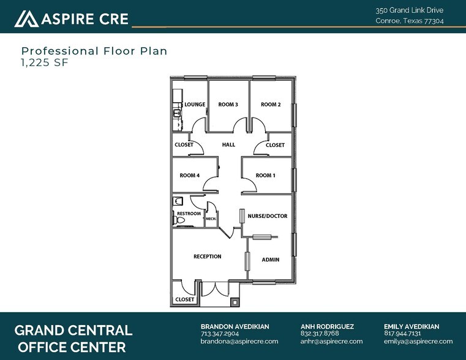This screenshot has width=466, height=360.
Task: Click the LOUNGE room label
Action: (195, 105)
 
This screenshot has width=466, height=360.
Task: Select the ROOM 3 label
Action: (228, 105)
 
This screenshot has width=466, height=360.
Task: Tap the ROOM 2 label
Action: (271, 105)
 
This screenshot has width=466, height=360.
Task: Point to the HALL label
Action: (228, 145)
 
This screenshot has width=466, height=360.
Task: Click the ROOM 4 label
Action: (189, 176)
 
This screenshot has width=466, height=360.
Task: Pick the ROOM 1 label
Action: (265, 176)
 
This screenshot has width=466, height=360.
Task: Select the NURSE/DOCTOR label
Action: (267, 216)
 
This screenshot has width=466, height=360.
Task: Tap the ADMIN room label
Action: (271, 260)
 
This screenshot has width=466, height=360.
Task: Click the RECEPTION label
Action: (207, 257)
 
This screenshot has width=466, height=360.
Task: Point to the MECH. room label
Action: (210, 219)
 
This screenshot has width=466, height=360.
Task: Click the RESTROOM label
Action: (189, 214)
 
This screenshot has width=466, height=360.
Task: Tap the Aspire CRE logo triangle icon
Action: (26, 19)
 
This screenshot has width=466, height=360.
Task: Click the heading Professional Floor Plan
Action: (94, 51)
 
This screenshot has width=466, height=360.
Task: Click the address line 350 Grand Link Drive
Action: (409, 10)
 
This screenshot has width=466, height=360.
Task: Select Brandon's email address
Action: (239, 342)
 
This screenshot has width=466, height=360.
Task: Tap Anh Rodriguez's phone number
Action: (320, 334)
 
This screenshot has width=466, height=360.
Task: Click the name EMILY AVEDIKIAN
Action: (412, 326)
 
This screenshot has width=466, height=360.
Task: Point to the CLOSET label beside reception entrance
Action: (184, 300)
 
